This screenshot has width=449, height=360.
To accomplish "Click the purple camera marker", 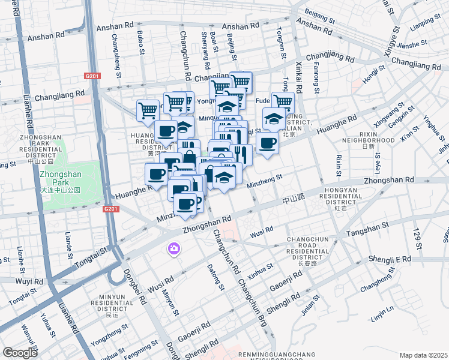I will click(175, 248).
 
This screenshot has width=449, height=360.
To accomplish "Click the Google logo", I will click(20, 353).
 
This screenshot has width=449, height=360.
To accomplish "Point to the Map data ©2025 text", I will click(423, 355).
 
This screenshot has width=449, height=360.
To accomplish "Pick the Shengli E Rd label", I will click(390, 259).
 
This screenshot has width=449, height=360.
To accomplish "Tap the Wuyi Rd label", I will click(29, 281).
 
